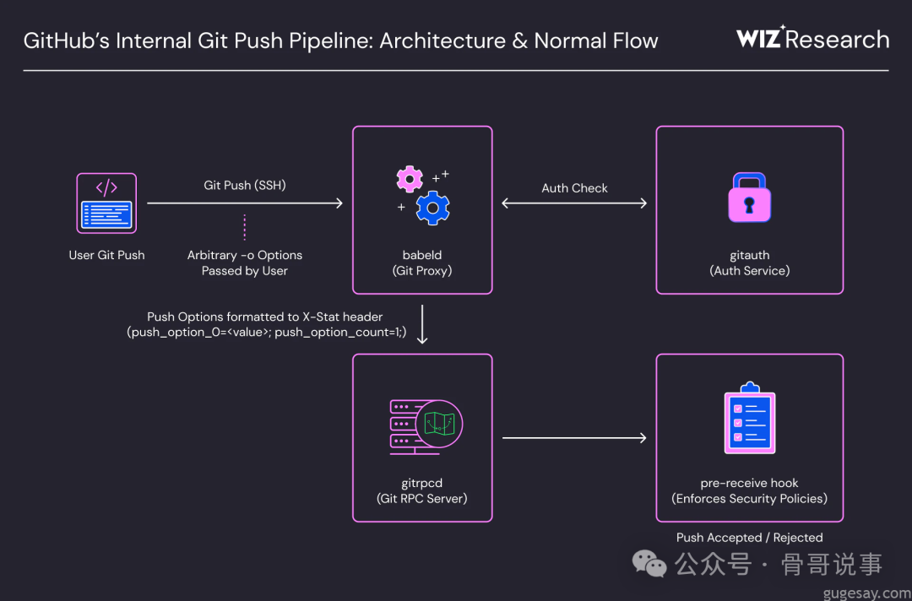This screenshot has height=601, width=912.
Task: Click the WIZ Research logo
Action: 812,39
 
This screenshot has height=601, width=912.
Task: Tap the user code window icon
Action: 106,203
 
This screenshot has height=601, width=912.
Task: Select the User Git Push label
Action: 106,255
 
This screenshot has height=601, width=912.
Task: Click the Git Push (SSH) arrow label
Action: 245,185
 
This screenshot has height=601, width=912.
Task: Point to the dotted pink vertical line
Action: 245,227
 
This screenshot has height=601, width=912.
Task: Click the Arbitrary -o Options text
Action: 245,255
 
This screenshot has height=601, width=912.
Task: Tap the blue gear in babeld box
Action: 432,208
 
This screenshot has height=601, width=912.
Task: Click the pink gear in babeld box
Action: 410,178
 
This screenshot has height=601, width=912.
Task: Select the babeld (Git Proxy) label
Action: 422,263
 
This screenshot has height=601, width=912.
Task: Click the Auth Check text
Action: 574,188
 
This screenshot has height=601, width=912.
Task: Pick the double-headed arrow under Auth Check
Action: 574,203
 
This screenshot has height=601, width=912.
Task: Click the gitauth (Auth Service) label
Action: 749,263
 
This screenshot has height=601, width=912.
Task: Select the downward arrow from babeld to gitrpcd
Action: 422,325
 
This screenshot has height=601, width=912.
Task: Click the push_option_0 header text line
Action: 267,333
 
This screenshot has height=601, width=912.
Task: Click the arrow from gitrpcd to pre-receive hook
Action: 574,437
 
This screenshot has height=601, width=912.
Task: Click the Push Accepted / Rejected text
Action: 749,538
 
